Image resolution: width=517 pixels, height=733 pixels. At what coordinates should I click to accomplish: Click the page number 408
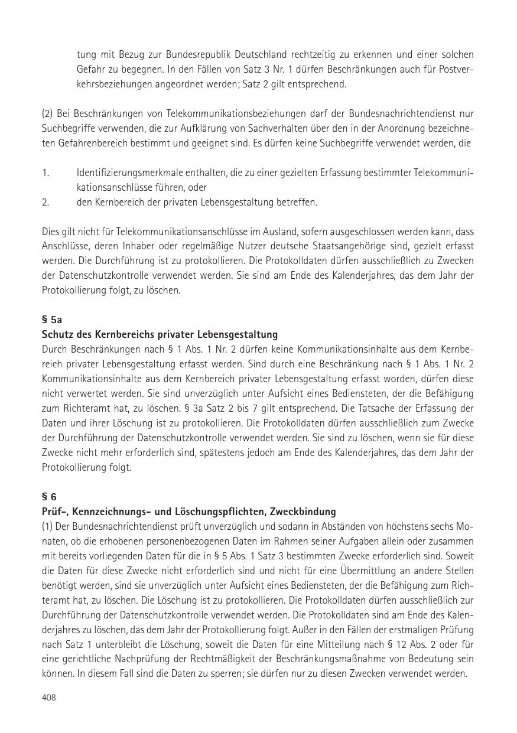point(48,698)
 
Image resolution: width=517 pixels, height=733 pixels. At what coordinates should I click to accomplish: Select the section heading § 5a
point(51,320)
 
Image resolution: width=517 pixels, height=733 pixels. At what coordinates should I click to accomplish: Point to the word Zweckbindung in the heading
point(306,512)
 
